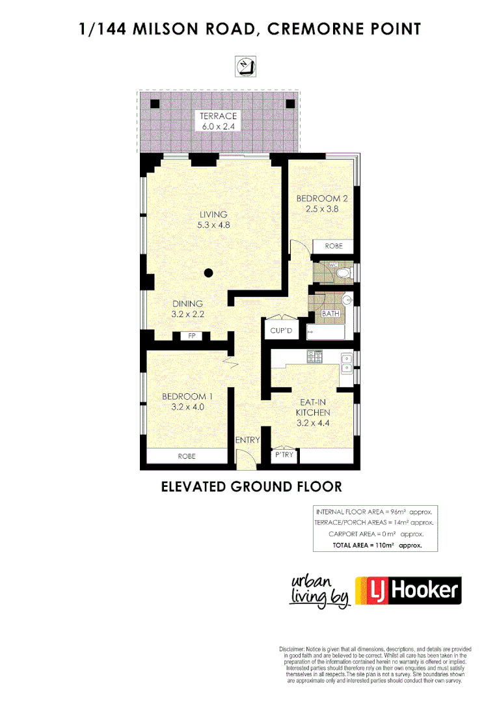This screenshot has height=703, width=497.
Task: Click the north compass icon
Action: [x=247, y=66]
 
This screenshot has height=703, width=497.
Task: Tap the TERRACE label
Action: [x=218, y=116]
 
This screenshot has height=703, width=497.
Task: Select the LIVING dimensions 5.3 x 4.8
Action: [x=214, y=225]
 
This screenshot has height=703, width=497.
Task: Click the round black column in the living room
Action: [x=208, y=273]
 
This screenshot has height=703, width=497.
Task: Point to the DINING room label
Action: [x=187, y=303]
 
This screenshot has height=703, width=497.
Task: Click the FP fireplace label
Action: [x=191, y=337]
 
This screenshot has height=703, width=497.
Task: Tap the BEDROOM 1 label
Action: [x=187, y=396]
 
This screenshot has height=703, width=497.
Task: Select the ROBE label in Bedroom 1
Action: [x=187, y=456]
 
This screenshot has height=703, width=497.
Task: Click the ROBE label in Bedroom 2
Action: [x=334, y=247]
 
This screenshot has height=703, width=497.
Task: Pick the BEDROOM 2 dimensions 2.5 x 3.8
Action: [x=322, y=209]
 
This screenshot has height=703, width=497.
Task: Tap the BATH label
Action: [x=330, y=314]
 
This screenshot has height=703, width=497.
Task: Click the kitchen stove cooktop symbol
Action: [x=316, y=357]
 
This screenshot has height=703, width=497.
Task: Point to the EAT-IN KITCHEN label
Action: [x=313, y=407]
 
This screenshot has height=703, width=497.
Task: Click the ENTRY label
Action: [x=247, y=440]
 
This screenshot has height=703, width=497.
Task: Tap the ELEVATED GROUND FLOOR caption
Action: [x=251, y=486]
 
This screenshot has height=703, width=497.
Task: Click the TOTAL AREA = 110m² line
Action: [x=377, y=545]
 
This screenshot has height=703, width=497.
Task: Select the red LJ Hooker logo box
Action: [x=408, y=590]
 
